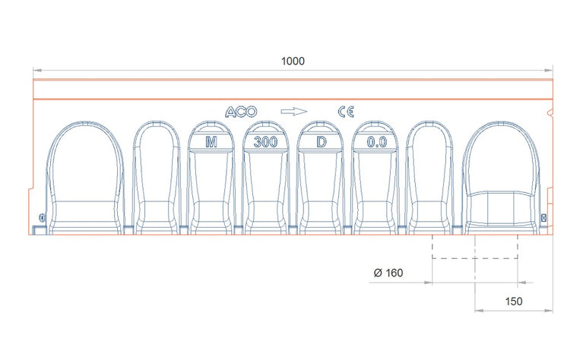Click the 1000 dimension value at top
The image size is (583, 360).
(292, 61)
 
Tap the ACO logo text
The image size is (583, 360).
(242, 112)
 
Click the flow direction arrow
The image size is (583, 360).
(293, 112)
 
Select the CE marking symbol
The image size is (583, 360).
(346, 112)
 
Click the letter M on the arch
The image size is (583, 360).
(211, 141)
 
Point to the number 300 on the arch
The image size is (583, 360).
(266, 141)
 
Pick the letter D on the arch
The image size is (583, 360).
(322, 141)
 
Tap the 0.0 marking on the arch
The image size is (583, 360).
(377, 141)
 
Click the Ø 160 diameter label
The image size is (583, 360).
(388, 273)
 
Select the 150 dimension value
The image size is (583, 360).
(514, 302)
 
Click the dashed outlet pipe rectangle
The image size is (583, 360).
(475, 247)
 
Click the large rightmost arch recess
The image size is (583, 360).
(501, 178)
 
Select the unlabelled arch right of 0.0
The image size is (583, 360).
(431, 178)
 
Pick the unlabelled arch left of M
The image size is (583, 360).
(156, 178)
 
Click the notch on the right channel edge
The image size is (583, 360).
(551, 114)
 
